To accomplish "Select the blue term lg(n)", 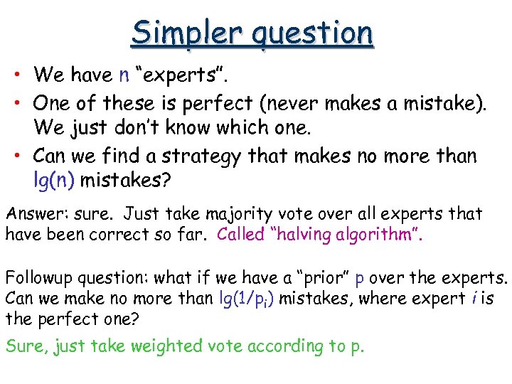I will (54, 181).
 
